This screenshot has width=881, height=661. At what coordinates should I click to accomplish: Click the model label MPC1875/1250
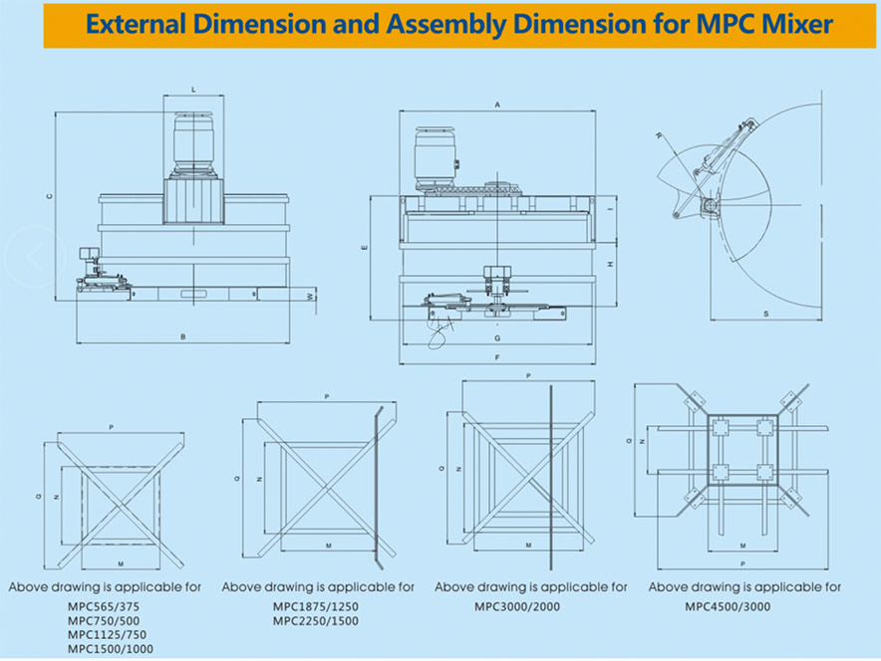tap(316, 606)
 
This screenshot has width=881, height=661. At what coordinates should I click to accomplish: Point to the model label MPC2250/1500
tap(316, 622)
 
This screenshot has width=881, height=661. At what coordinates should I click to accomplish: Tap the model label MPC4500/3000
tap(728, 606)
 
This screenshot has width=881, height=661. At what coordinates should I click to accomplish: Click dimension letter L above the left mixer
tap(192, 91)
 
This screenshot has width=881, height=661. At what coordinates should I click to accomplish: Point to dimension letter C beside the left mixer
tap(49, 196)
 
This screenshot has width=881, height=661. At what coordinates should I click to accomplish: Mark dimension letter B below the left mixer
tap(182, 337)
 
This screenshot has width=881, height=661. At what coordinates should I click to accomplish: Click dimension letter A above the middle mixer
tap(496, 104)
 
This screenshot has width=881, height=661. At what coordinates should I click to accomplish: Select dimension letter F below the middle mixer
tap(495, 356)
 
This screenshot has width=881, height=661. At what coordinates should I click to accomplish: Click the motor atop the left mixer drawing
tap(192, 139)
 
